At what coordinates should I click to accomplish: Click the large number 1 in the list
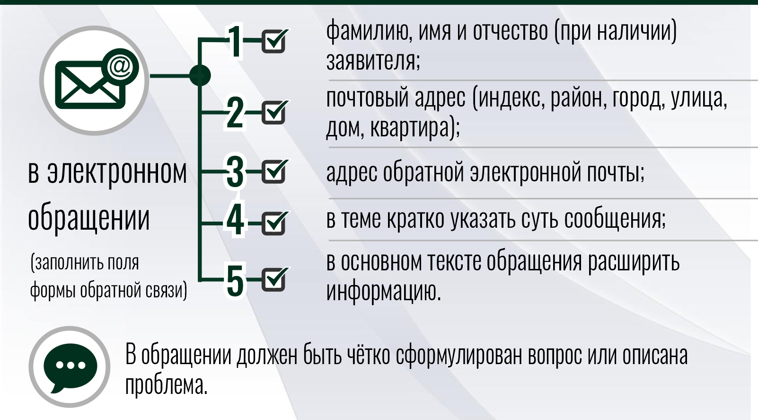[235, 41]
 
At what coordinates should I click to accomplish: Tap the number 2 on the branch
[235, 113]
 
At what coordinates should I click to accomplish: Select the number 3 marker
[235, 172]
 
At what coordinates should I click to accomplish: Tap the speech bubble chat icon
[71, 367]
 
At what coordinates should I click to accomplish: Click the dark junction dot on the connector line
[200, 75]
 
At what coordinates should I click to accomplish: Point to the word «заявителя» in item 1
[373, 61]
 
